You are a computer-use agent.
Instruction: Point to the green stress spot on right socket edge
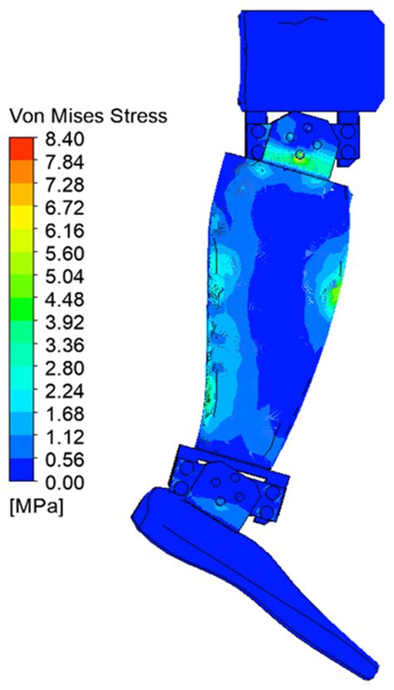click(x=334, y=293)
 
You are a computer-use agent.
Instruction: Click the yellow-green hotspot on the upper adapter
click(x=299, y=154)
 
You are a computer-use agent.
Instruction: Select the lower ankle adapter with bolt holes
click(x=231, y=490)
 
